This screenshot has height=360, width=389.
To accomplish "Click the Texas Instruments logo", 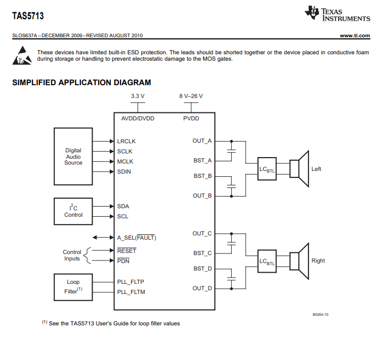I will [x=337, y=14].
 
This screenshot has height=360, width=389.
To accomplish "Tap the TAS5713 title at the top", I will [x=28, y=16].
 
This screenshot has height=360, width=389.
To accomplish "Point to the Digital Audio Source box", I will [x=73, y=157].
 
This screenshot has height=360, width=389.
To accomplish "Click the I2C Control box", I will [x=73, y=211].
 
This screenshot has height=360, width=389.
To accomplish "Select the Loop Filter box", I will [x=73, y=287].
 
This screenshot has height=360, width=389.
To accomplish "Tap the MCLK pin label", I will [x=125, y=161].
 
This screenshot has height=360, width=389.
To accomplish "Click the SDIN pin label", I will [x=124, y=171].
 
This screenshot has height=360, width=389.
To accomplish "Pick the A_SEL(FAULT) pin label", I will [x=136, y=238].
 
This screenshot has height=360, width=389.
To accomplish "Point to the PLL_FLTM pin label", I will [x=131, y=292].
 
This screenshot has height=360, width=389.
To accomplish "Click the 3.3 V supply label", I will [x=137, y=96].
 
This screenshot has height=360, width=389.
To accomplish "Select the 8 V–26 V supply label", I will [x=191, y=96].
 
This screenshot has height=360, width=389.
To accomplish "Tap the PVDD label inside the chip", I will [x=191, y=118].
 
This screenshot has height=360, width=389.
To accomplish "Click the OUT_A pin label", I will [x=202, y=141].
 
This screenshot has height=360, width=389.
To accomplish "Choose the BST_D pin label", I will [x=202, y=268].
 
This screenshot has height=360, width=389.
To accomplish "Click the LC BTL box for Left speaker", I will [x=266, y=169].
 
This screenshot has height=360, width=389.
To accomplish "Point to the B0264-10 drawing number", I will [x=320, y=315].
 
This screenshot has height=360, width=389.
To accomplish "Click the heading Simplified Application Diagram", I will [x=82, y=83].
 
